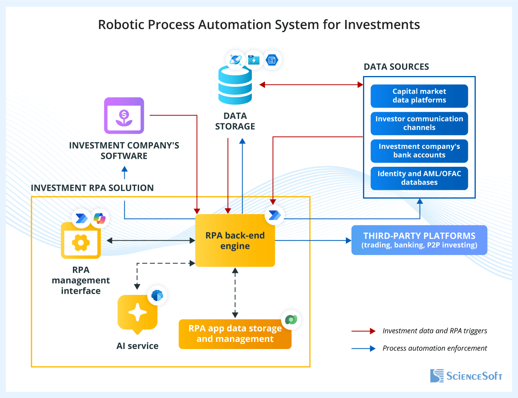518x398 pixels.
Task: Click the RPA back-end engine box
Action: [x=235, y=240]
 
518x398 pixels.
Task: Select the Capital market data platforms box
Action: [x=419, y=96]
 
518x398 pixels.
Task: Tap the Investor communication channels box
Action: [x=419, y=123]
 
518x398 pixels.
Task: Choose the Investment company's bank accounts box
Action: [x=419, y=151]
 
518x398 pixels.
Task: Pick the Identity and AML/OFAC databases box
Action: [x=419, y=178]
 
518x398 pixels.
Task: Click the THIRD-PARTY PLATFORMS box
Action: [x=419, y=240]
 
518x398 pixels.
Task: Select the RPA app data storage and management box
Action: [x=235, y=334]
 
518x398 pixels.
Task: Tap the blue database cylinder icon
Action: [x=235, y=85]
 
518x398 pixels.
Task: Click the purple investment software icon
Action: [x=124, y=115]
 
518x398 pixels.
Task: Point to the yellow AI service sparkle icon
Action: [x=137, y=313]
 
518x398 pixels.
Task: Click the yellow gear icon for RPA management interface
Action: [x=81, y=242]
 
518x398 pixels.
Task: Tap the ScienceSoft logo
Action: [x=466, y=376]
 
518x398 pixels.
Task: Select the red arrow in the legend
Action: [x=363, y=331]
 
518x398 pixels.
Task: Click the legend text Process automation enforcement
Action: [x=434, y=348]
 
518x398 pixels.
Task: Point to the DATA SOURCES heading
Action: [x=396, y=67]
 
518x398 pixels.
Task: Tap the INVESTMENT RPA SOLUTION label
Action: [x=92, y=188]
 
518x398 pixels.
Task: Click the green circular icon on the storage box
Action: [x=291, y=319]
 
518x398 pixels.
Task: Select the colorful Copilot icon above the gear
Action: [x=99, y=218]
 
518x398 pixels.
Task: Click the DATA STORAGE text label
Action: [x=235, y=121]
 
